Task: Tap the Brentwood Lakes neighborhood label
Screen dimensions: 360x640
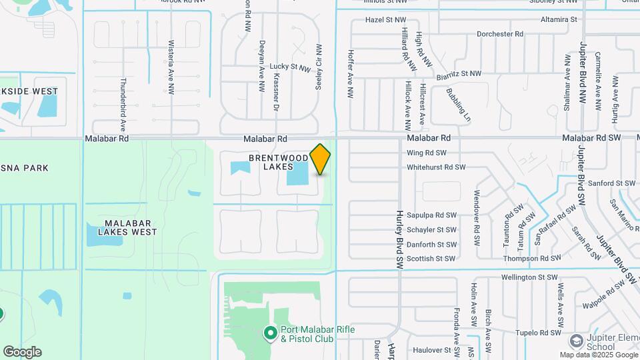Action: click(279, 162)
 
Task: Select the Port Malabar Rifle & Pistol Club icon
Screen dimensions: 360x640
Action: click(270, 332)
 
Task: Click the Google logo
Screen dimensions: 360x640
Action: click(22, 351)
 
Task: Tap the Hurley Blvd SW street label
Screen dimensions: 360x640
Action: click(399, 237)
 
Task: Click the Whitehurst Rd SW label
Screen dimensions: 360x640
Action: click(435, 167)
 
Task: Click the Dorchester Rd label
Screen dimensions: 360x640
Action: click(500, 34)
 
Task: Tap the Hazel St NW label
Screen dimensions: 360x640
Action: click(386, 20)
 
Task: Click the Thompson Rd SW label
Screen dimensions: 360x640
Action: click(532, 259)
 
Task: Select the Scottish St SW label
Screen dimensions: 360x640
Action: click(431, 259)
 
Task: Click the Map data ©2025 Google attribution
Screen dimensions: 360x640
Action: click(598, 355)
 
